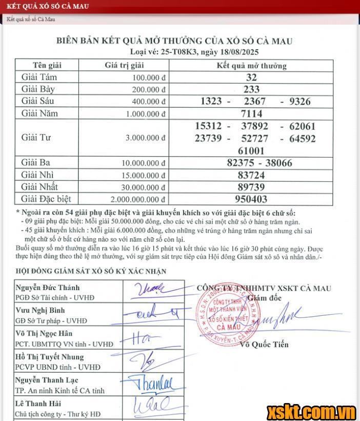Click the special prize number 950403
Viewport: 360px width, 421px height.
(251, 199)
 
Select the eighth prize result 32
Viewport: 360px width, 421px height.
(251, 78)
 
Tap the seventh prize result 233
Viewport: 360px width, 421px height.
(251, 89)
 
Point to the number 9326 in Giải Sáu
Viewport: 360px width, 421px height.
(300, 101)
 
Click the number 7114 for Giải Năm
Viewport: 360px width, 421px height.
(251, 113)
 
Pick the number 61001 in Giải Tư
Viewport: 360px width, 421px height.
(251, 150)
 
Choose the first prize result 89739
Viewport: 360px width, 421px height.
(251, 187)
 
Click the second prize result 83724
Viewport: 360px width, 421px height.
(251, 175)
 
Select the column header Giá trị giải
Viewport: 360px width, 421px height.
(124, 65)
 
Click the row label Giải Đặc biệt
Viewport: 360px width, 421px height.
(46, 199)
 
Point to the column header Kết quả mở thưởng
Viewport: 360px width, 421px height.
(251, 66)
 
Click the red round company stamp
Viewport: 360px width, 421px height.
(222, 319)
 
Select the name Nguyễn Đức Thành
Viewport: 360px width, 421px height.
(47, 288)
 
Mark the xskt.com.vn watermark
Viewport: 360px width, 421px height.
(311, 412)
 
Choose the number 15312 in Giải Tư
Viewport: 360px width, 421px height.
(211, 126)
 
